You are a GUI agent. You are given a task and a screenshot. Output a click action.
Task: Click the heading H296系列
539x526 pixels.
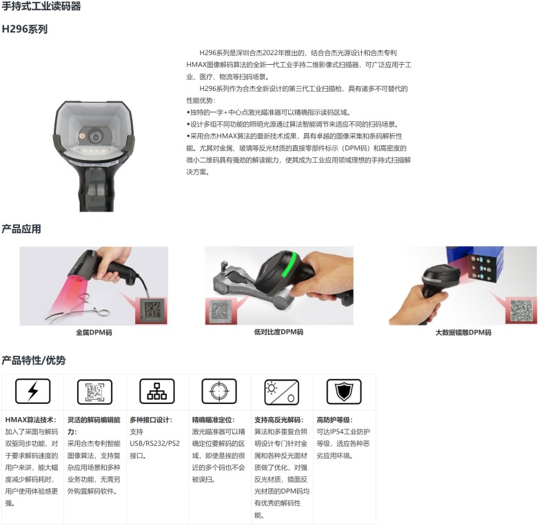24,29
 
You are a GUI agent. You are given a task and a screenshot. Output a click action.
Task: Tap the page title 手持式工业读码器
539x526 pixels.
41,6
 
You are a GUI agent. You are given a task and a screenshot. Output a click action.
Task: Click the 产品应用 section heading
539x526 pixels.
21,229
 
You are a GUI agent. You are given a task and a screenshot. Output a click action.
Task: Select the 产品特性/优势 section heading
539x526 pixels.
33,361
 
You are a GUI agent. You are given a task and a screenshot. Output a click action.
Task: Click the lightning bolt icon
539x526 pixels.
32,392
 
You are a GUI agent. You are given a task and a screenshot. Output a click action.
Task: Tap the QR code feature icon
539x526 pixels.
95,392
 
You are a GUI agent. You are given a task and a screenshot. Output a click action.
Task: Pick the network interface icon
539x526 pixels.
157,392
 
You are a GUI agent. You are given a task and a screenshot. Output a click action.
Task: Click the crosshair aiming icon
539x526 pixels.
219,392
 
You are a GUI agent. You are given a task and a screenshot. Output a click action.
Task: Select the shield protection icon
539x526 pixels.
344,392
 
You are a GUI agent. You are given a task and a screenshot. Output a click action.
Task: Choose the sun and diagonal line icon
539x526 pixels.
281,392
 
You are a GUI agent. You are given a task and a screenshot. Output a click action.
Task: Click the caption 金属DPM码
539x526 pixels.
94,332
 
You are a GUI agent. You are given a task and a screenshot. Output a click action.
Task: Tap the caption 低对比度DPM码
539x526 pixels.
278,332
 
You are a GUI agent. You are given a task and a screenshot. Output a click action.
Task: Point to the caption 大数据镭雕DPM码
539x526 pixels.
463,332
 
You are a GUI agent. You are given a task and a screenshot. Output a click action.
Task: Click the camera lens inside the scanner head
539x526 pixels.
95,136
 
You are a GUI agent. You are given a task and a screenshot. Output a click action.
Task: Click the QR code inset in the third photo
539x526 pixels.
521,311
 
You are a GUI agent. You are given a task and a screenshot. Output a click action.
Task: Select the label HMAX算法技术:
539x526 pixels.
30,420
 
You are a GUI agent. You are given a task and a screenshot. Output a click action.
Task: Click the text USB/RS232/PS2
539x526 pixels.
154,443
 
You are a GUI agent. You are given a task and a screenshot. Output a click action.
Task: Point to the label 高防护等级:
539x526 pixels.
334,420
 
